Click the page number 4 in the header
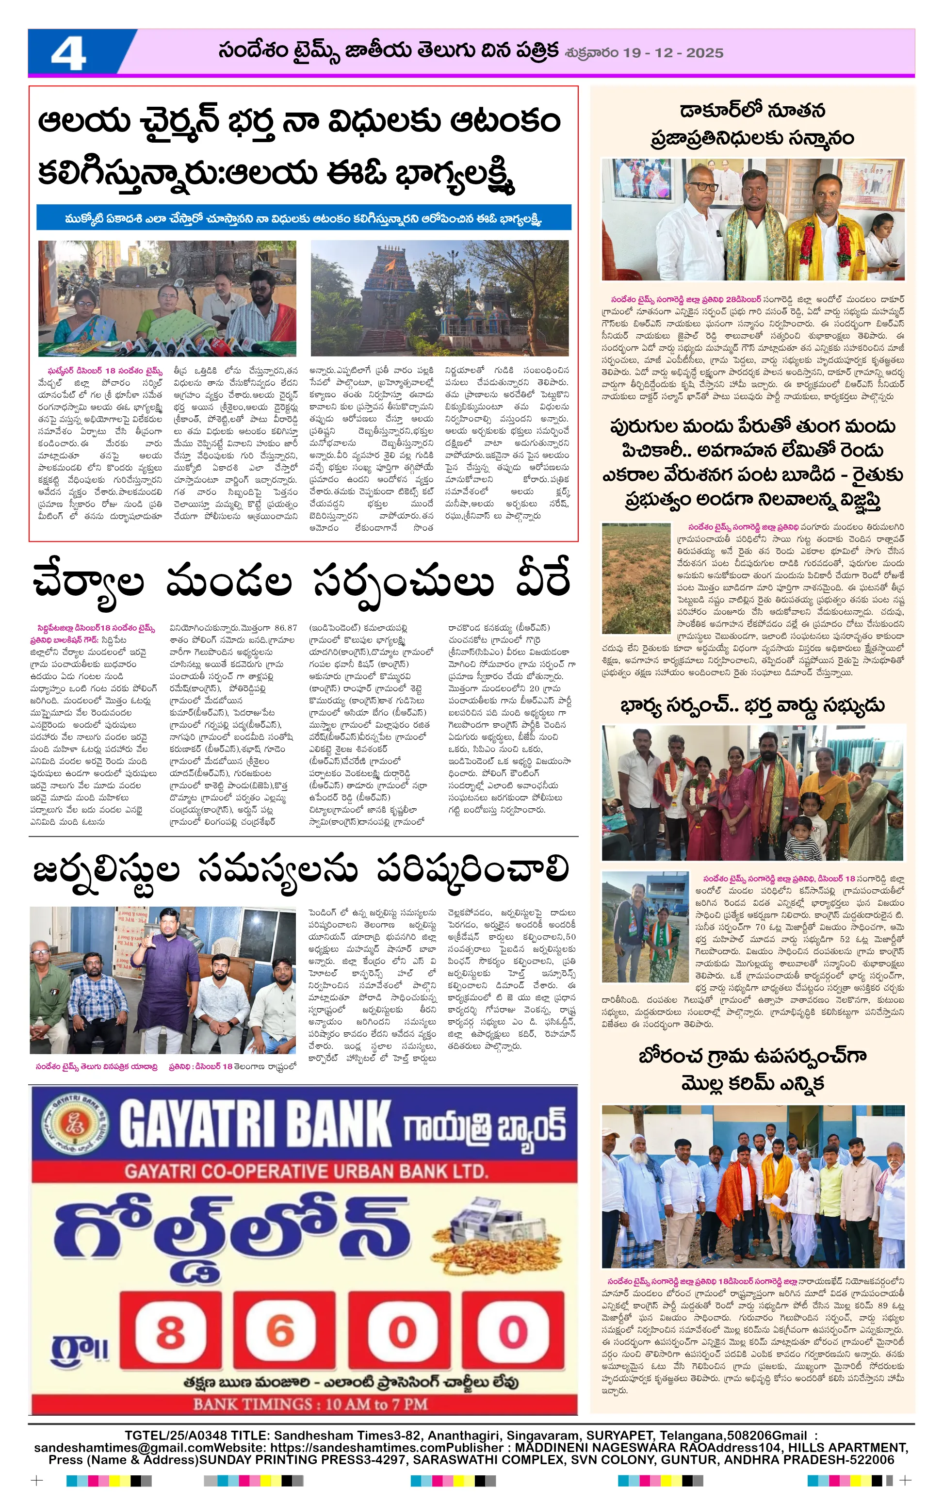tap(68, 54)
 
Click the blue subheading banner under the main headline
tap(304, 218)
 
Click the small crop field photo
tap(635, 578)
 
